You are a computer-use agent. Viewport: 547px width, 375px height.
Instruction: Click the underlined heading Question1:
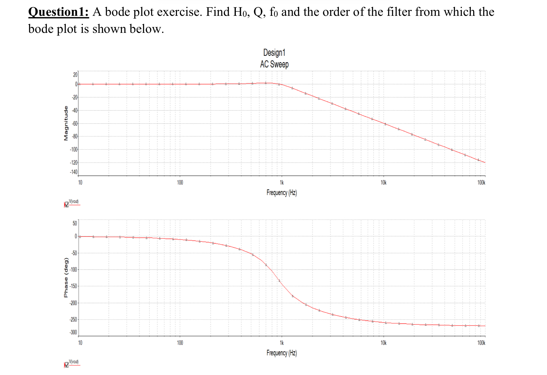[x=59, y=12]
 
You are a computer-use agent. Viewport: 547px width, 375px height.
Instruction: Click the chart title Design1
[x=274, y=53]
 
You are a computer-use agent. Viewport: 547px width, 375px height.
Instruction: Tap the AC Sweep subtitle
[x=274, y=64]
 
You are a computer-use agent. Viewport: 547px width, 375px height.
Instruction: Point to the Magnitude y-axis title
[x=66, y=123]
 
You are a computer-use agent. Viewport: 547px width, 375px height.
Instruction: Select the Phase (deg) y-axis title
[x=66, y=277]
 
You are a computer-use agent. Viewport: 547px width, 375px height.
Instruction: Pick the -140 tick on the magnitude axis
[x=74, y=172]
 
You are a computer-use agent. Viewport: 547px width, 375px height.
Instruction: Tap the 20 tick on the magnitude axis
[x=75, y=75]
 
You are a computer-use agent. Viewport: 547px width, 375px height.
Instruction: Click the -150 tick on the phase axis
[x=74, y=286]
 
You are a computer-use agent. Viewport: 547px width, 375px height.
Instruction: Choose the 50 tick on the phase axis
[x=75, y=223]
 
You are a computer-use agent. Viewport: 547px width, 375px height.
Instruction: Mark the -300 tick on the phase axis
[x=74, y=332]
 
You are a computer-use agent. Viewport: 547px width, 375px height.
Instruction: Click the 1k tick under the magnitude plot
[x=282, y=182]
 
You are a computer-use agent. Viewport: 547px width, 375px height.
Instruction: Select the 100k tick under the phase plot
[x=481, y=343]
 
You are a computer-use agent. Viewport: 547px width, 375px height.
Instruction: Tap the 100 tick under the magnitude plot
[x=180, y=182]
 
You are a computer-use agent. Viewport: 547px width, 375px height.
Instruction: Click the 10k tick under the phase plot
[x=383, y=343]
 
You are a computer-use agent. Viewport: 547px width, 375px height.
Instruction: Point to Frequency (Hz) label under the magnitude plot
[x=282, y=193]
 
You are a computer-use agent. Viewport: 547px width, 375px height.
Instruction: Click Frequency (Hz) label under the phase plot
[x=282, y=353]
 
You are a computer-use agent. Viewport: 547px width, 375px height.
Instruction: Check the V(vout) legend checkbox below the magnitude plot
[x=66, y=205]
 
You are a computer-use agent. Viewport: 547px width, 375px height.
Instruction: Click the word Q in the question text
[x=258, y=12]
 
